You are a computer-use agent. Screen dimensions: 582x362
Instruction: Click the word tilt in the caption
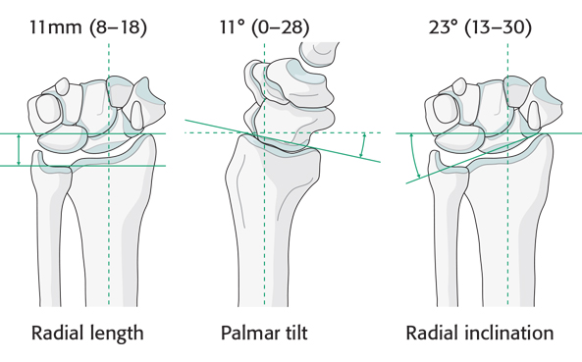[294, 333]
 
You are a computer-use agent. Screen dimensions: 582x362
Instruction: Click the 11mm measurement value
[55, 27]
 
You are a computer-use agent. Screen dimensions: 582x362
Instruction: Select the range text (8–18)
[118, 27]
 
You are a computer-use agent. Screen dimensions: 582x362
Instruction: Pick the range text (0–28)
[281, 27]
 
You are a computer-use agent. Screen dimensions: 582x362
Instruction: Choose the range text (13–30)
[499, 27]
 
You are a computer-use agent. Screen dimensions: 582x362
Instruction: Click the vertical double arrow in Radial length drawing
[19, 149]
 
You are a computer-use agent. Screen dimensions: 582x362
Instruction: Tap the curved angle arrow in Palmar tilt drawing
[363, 144]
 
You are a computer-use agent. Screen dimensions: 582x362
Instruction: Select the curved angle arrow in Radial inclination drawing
[414, 156]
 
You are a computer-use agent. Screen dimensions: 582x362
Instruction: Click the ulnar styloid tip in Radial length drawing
[36, 152]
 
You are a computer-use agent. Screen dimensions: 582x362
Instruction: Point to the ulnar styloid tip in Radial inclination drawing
[434, 152]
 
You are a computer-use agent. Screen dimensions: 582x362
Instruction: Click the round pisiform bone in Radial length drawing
[48, 109]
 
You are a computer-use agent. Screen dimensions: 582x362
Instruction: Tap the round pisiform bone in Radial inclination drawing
[446, 109]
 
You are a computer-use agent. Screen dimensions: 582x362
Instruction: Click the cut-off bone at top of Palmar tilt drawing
[319, 54]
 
